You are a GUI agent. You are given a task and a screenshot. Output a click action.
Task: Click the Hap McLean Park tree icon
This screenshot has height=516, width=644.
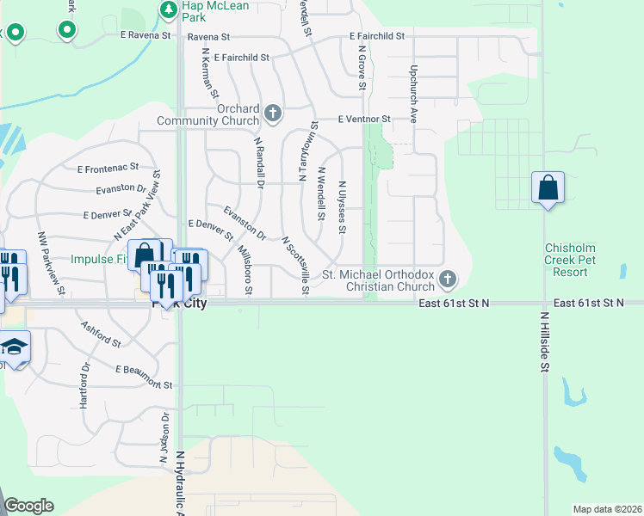click(x=169, y=10)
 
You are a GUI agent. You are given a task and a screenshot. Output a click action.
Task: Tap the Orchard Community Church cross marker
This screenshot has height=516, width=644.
click(x=273, y=113)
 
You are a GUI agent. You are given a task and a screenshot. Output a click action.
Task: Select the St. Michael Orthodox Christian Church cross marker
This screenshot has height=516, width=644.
click(x=447, y=279)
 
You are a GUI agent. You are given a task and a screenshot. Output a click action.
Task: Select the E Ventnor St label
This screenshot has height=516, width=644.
click(x=364, y=119)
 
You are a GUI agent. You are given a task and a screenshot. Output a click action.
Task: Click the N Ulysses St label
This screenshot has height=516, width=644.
click(x=342, y=207)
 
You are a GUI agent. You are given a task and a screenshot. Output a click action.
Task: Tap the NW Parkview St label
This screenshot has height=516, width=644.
click(x=51, y=261)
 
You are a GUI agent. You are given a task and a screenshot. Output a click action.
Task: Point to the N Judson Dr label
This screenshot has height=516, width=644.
click(x=163, y=438)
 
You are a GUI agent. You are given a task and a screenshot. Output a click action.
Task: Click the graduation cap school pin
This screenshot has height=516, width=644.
click(x=14, y=347)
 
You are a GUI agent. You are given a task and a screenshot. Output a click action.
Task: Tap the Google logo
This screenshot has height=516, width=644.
click(x=28, y=506)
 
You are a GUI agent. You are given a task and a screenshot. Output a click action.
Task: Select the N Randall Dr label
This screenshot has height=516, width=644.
click(x=258, y=161)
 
